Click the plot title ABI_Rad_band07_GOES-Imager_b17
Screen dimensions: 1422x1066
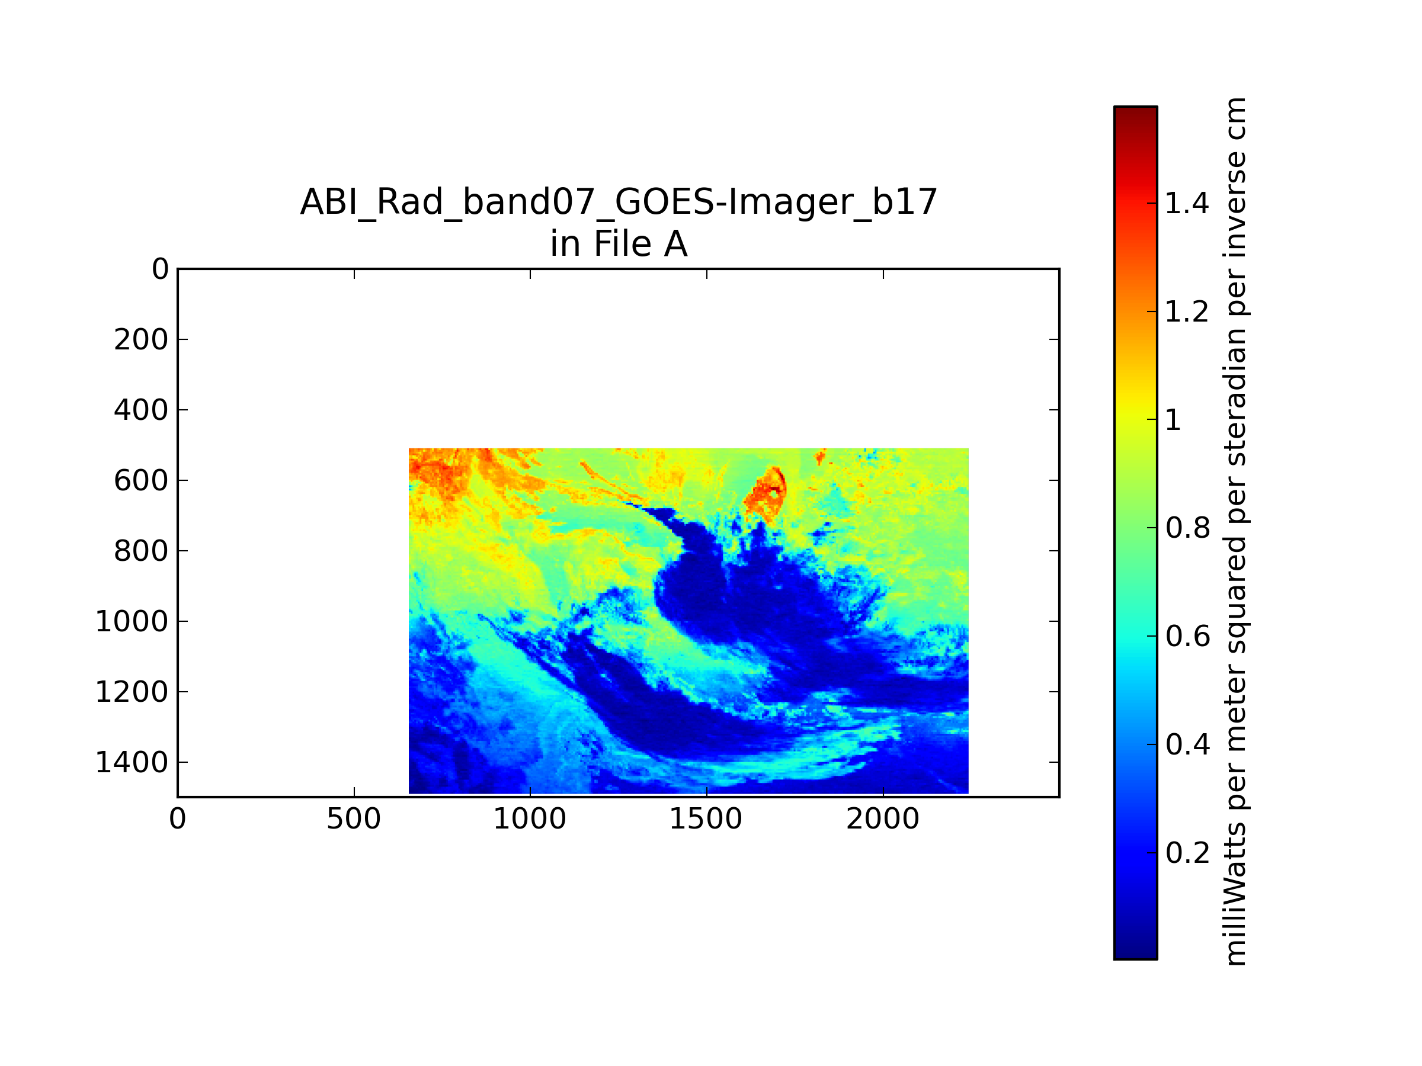(x=619, y=203)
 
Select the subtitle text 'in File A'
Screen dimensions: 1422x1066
(x=619, y=244)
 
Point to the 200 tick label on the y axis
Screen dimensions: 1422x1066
(x=141, y=340)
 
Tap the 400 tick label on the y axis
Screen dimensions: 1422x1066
(x=141, y=410)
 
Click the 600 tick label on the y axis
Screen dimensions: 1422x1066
(x=141, y=481)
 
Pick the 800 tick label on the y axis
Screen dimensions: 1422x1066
(x=141, y=551)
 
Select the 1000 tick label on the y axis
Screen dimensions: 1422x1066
(x=132, y=621)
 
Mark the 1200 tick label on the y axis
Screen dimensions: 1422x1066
(x=132, y=692)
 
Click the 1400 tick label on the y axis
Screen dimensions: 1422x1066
(x=132, y=763)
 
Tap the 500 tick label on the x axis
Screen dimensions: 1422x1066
(x=354, y=819)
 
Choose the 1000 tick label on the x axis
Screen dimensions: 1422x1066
(x=530, y=819)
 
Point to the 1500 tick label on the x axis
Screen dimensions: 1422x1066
(x=706, y=819)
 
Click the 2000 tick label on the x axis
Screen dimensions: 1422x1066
(x=883, y=819)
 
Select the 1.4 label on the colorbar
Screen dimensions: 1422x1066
(x=1187, y=204)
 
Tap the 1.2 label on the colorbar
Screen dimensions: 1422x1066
(x=1187, y=312)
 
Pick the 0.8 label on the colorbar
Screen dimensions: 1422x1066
(x=1188, y=528)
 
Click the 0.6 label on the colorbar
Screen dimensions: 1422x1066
(x=1188, y=637)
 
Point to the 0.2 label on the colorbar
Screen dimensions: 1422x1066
(x=1188, y=853)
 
